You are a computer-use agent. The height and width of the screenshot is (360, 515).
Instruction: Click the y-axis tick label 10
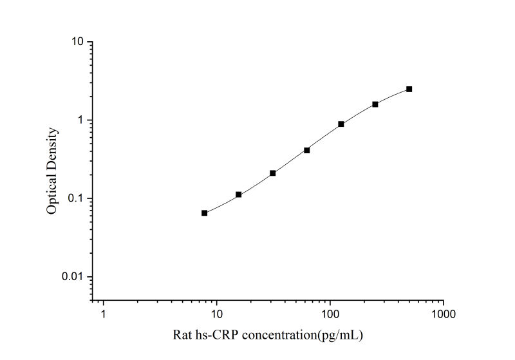point(77,42)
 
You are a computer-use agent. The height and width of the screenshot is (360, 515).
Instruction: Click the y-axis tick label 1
point(80,120)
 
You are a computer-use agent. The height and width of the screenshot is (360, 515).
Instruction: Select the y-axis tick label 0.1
point(76,198)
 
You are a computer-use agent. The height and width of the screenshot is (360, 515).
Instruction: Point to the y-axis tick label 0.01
point(73,277)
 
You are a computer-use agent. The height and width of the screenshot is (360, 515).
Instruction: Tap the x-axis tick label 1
point(103,314)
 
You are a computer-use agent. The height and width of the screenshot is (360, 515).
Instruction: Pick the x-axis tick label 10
point(216,314)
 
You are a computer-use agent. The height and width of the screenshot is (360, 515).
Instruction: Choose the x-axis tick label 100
point(330,314)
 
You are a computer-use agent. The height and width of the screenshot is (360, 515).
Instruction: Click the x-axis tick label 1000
point(443,314)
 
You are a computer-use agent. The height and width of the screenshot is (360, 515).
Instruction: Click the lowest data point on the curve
point(204,213)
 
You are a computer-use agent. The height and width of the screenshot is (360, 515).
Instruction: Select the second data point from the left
point(238,194)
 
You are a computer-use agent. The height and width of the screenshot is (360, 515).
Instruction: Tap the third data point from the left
point(273,173)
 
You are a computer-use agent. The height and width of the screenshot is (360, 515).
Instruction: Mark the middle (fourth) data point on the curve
point(307,150)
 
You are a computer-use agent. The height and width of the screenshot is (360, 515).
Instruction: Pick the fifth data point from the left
point(341,124)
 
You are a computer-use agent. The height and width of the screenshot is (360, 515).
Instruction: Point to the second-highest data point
point(375,104)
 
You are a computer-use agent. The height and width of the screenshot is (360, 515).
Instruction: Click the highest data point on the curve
point(409,89)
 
